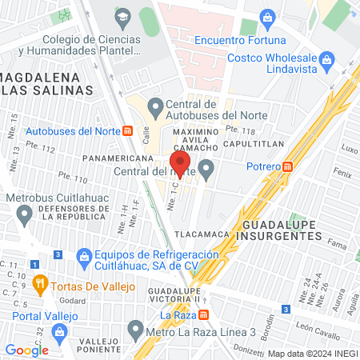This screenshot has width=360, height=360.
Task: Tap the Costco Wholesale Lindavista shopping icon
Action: pos(326,60)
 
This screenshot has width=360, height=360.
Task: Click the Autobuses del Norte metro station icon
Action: pos(127,130)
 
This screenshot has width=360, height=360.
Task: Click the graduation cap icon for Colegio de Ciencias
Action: pos(122,16)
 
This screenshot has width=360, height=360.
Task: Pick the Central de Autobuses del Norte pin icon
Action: pos(157,106)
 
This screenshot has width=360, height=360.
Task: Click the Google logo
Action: pos(26,350)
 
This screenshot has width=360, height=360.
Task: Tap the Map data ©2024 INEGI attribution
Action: pos(312,353)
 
